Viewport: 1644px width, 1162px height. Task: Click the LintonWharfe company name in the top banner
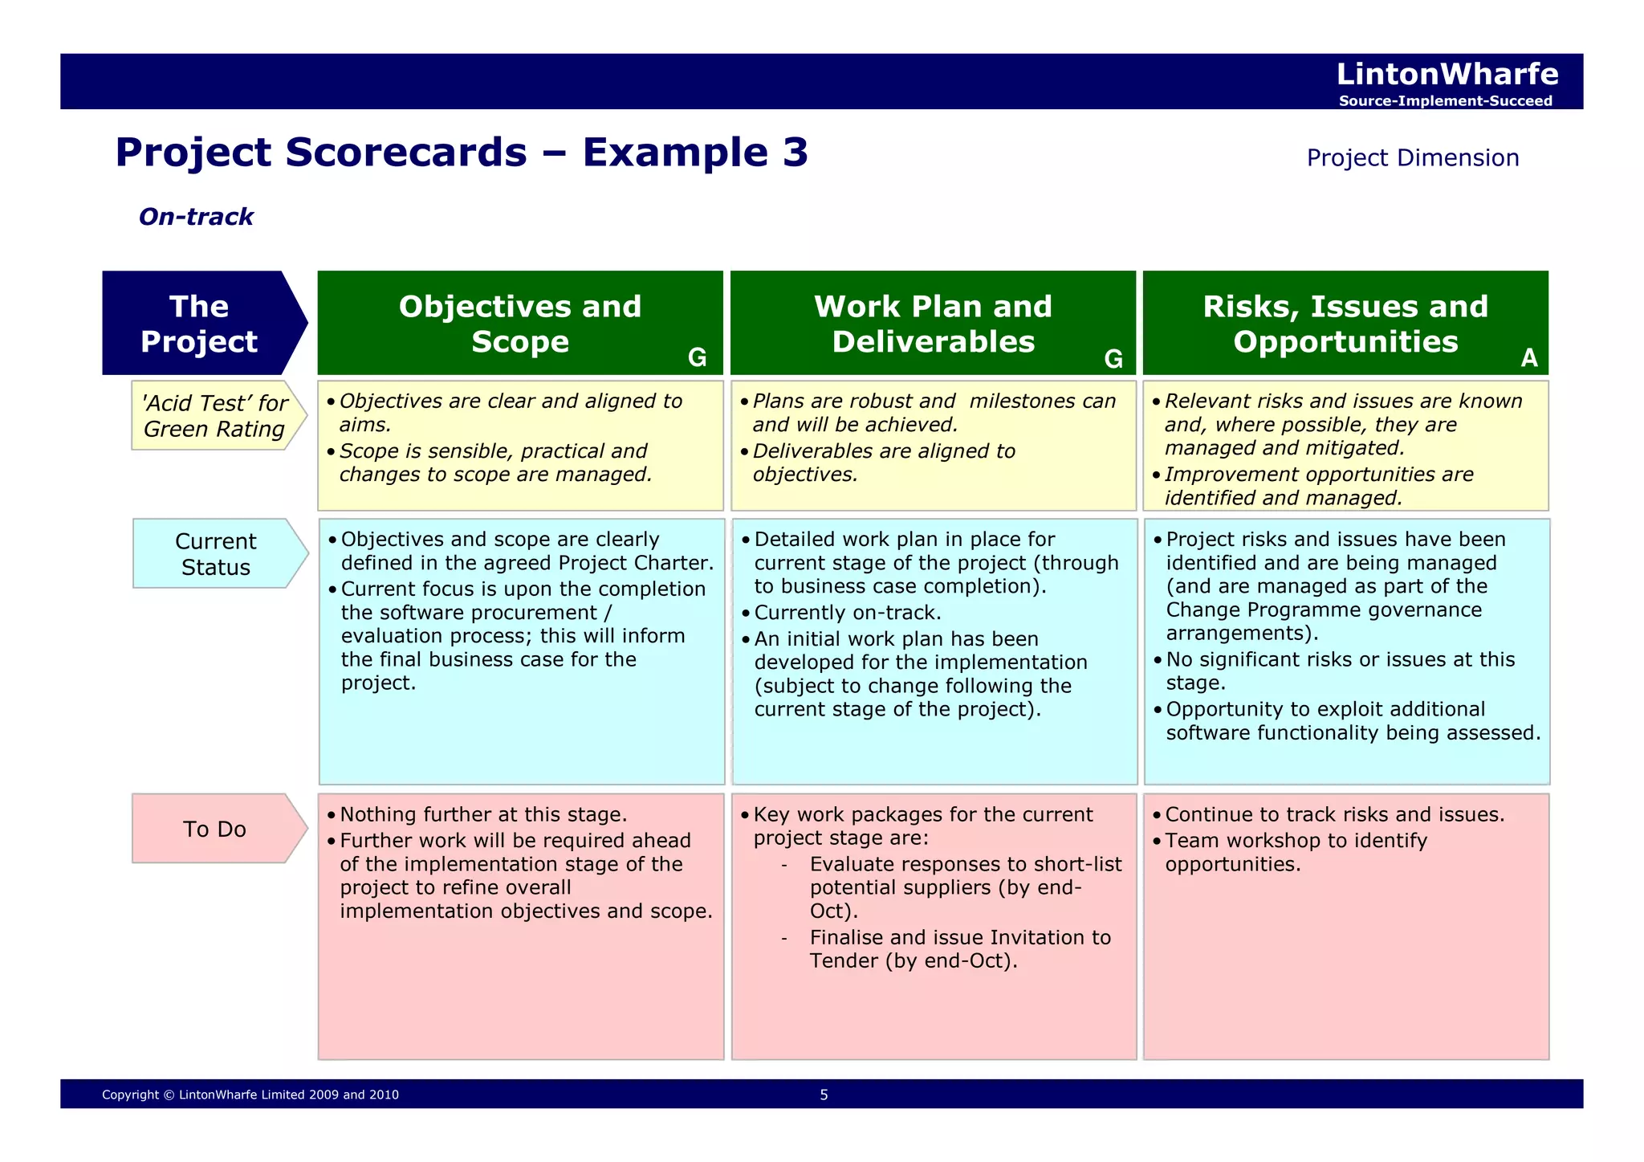pos(1447,74)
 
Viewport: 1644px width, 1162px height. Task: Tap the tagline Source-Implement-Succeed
pos(1445,101)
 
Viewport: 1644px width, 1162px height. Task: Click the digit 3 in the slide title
pos(795,152)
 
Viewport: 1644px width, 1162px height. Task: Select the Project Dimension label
pos(1412,157)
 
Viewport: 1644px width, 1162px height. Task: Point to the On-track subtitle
pos(196,217)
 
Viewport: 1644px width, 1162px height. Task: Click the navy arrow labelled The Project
pos(200,324)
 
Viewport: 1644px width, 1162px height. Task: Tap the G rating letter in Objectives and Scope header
pos(697,358)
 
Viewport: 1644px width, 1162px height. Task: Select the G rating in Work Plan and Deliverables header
pos(1113,359)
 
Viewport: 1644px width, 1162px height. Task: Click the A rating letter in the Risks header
pos(1528,358)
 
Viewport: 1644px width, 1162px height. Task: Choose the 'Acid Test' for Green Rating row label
pos(214,416)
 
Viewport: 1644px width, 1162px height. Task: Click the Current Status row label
pos(215,554)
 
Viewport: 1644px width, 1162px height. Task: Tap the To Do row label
pos(214,829)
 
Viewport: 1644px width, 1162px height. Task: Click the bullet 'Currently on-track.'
pos(847,613)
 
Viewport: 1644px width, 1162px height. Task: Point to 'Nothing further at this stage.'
pos(482,814)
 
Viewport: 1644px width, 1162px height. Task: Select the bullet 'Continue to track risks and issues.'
pos(1334,814)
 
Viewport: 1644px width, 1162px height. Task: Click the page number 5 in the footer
pos(824,1095)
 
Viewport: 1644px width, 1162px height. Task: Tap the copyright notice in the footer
pos(250,1095)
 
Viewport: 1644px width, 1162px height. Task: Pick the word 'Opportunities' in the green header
pos(1345,342)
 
